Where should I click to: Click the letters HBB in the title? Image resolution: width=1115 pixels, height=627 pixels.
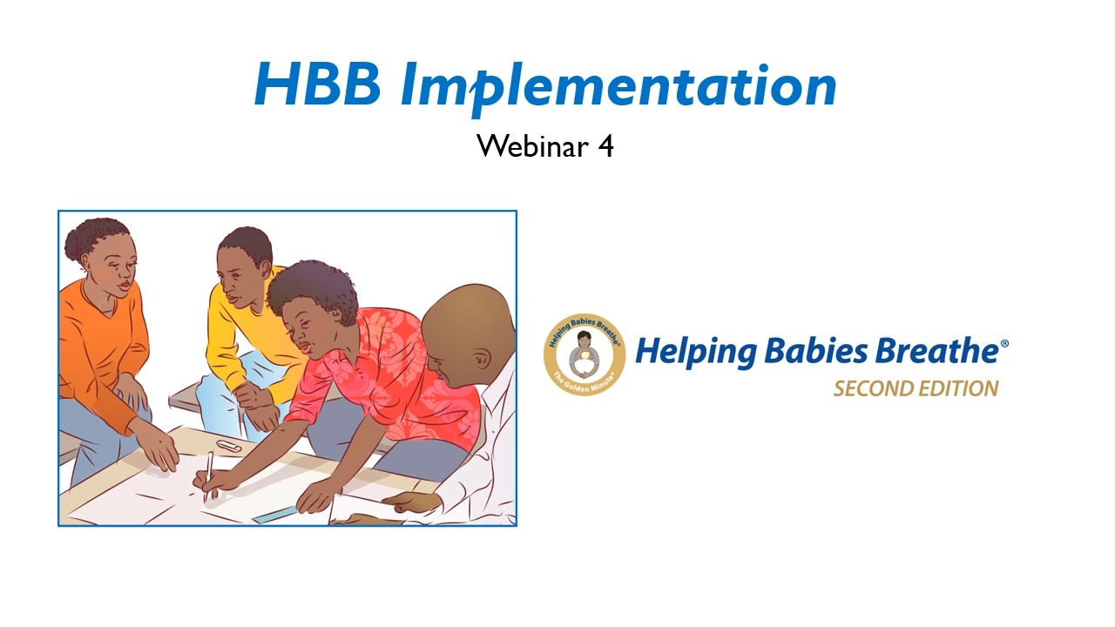point(318,84)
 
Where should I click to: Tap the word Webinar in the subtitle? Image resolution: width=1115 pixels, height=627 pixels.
point(532,145)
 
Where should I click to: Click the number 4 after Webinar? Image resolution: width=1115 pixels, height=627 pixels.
point(605,146)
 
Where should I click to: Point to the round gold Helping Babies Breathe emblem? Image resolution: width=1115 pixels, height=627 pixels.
point(585,354)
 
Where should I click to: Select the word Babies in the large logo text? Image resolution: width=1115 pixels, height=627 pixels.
point(816,350)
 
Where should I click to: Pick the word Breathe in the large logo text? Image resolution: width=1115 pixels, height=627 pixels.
point(936,350)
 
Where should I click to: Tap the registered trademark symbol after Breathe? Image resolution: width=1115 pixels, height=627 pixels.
point(1004,343)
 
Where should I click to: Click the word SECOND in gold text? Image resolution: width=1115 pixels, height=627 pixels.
point(872,388)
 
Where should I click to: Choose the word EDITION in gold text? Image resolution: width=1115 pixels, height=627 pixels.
point(957,388)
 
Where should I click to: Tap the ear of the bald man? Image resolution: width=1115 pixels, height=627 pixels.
point(482,358)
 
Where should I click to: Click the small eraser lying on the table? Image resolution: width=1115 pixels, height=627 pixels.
point(229,446)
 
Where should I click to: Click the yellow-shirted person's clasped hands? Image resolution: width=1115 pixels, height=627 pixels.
point(258,406)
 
